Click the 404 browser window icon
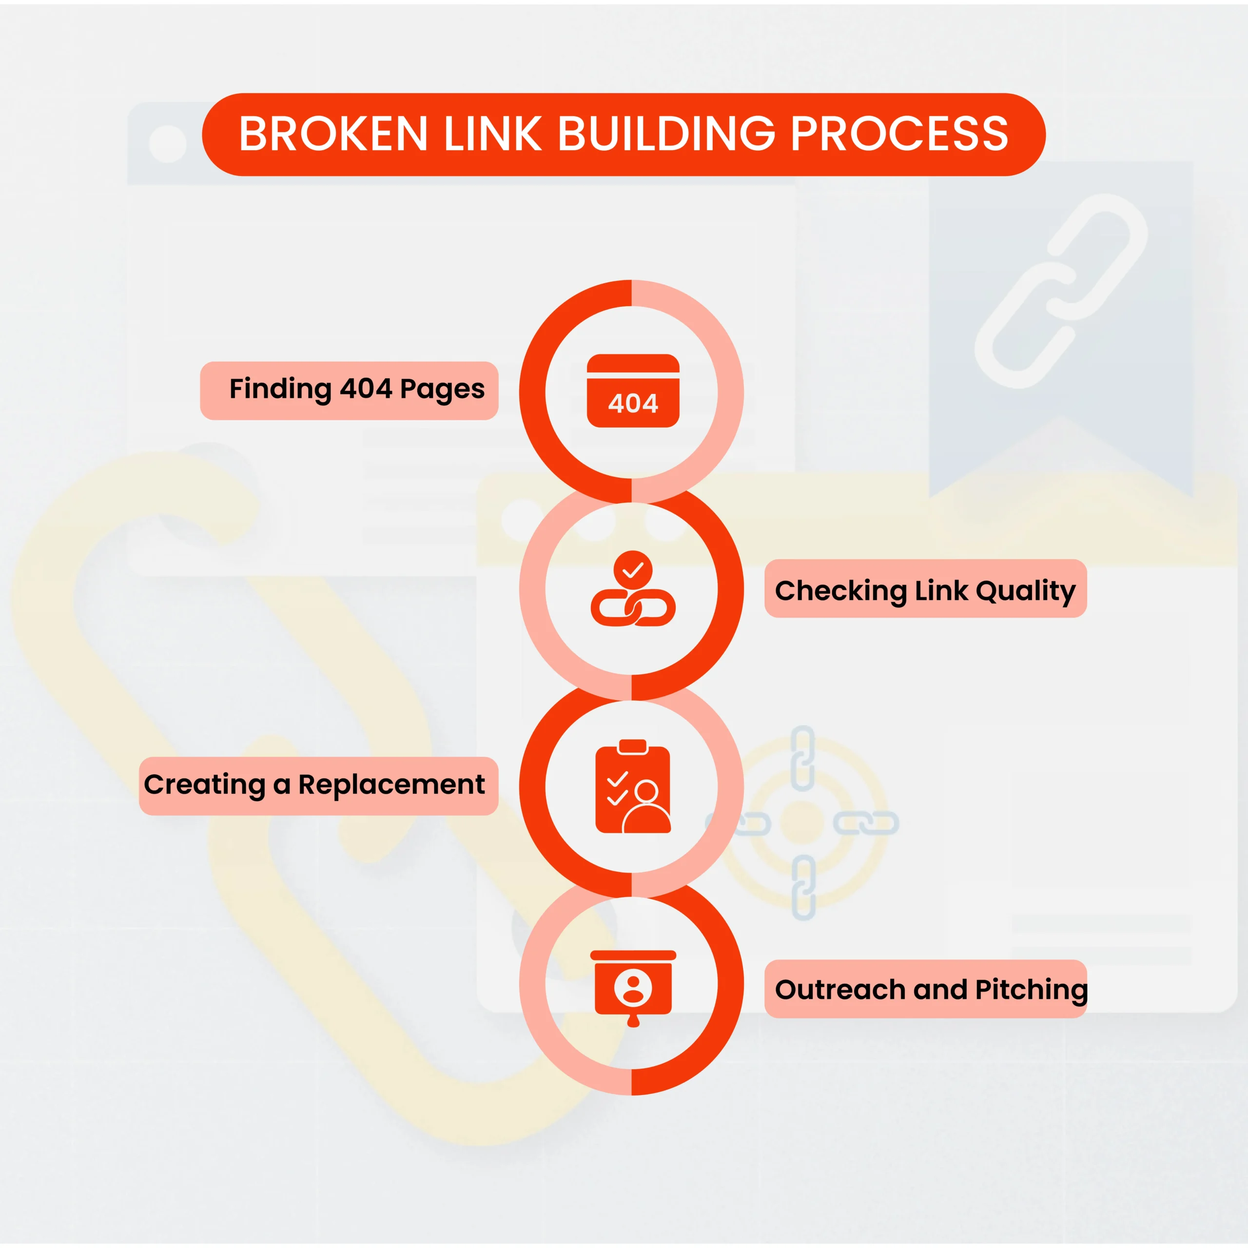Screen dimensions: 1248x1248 click(633, 391)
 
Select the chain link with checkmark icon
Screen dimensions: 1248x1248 click(633, 588)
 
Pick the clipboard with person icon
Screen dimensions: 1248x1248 click(633, 786)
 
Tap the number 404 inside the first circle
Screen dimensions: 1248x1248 click(633, 404)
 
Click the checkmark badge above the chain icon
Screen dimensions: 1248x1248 click(633, 570)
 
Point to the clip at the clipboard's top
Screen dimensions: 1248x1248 click(633, 747)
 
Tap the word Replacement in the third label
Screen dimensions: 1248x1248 click(391, 785)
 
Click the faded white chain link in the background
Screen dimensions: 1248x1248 click(1061, 291)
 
